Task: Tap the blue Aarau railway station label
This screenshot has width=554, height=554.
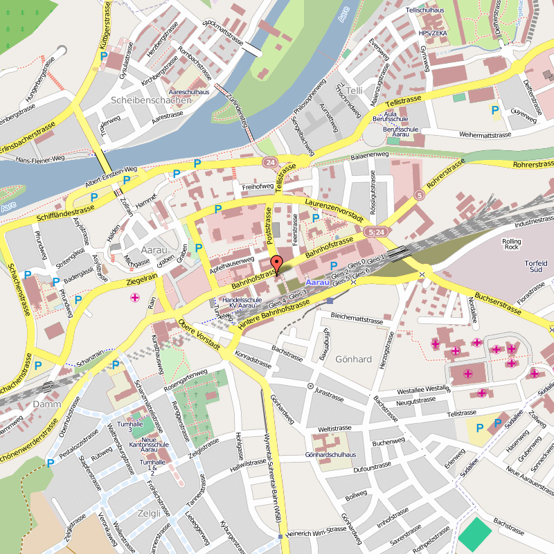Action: click(x=318, y=283)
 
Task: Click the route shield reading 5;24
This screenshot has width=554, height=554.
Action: click(x=377, y=232)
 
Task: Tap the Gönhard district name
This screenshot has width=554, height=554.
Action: click(x=353, y=359)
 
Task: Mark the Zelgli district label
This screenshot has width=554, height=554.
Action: click(x=149, y=513)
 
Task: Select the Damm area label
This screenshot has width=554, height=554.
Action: click(x=47, y=404)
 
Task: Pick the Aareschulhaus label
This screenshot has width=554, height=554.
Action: click(x=189, y=91)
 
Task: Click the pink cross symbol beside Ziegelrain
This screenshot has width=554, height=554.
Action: click(x=134, y=298)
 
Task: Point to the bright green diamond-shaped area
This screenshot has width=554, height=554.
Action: click(x=474, y=535)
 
